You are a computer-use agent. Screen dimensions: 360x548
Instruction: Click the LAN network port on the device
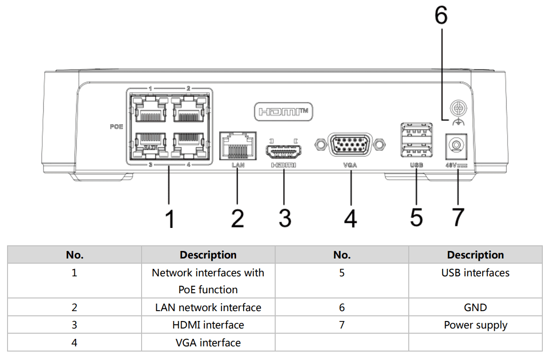tap(238, 146)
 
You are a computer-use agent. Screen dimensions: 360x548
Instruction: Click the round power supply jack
tap(455, 146)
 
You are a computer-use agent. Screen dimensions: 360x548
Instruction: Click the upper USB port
tap(416, 130)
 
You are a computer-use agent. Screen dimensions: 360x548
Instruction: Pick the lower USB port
tap(416, 149)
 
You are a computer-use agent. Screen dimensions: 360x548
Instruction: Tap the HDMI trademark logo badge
tap(283, 112)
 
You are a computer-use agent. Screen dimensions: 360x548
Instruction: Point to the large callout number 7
tap(457, 217)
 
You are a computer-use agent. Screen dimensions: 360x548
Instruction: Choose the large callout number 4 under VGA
tap(350, 218)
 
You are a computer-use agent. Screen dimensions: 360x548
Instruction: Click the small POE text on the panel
tap(117, 127)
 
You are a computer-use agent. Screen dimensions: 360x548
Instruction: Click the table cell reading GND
tap(475, 307)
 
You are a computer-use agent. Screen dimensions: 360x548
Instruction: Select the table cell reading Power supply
tap(475, 325)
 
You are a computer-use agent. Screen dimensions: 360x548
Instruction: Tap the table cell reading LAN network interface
tap(208, 307)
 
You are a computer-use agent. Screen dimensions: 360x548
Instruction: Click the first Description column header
tap(208, 255)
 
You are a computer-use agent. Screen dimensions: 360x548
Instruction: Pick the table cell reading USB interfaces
tap(475, 273)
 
